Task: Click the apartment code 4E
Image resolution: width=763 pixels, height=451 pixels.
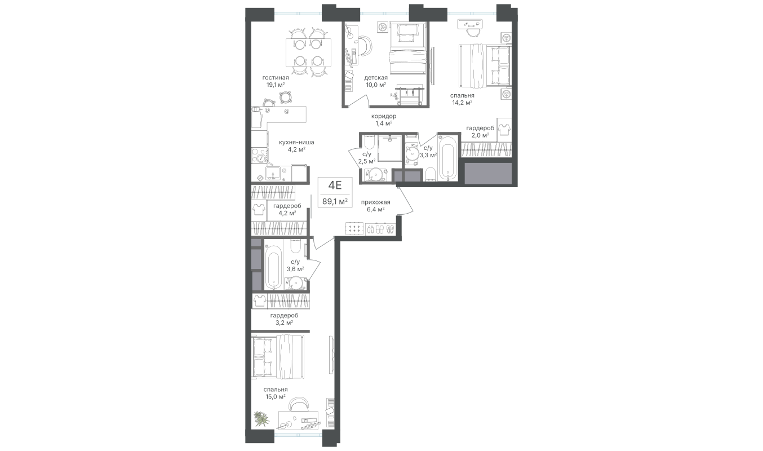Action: pos(335,185)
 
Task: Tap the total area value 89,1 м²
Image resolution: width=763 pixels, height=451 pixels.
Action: pos(335,201)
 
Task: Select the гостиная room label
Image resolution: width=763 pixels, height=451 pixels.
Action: pos(276,78)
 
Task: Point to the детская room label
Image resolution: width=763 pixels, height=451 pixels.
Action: pos(375,78)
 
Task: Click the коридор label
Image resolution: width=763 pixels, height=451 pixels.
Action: pos(383,116)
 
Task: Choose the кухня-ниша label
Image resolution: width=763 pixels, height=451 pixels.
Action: pos(296,143)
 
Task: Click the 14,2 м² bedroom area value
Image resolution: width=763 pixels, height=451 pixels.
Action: pos(462,103)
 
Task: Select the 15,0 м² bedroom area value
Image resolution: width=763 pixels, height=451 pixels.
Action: pos(275,396)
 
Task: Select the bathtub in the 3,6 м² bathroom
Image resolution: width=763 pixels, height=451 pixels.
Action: pos(273,267)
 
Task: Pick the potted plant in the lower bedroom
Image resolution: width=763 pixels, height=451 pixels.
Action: pos(261,418)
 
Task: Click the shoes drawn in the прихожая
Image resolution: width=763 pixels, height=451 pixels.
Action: pos(380,229)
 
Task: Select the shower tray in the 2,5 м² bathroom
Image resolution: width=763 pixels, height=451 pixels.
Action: pos(388,148)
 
